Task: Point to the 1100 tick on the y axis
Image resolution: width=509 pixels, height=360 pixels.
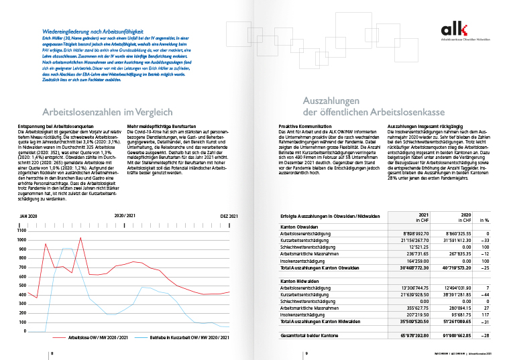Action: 22,229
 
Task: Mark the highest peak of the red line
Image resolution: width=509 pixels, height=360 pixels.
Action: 80,237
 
